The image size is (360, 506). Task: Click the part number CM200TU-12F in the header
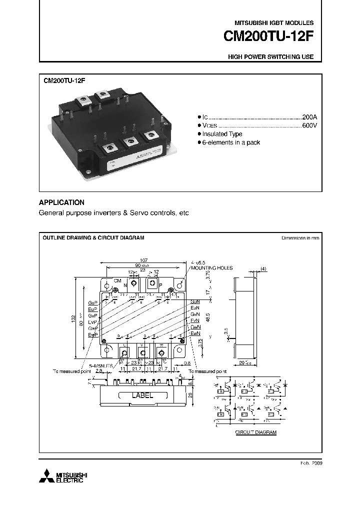(x=268, y=37)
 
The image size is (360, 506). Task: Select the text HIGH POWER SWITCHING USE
(x=270, y=57)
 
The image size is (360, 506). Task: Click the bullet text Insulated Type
(x=222, y=134)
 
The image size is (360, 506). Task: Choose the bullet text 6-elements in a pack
(x=231, y=143)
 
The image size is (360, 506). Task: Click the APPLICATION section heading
(x=61, y=202)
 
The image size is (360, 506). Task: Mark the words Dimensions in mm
(x=300, y=238)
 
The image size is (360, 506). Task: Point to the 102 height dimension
(x=73, y=317)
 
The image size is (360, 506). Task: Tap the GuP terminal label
(x=92, y=303)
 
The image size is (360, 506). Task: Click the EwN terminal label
(x=195, y=333)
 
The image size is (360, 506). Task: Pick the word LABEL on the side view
(x=142, y=395)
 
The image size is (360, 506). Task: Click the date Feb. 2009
(x=310, y=463)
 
